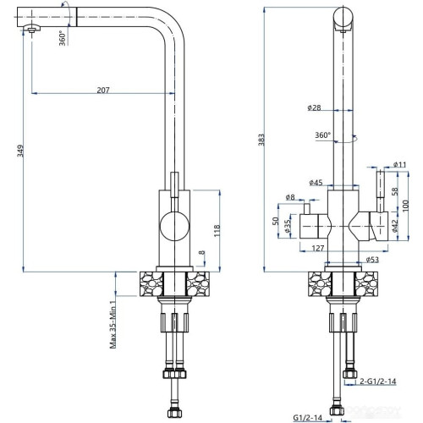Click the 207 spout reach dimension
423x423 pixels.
click(102, 89)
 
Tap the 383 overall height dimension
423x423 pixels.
click(262, 138)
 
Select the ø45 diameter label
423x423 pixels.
click(317, 183)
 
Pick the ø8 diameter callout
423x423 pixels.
click(290, 197)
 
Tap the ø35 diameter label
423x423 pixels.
click(288, 228)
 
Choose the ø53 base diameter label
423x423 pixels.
click(371, 260)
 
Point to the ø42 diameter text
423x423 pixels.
click(395, 224)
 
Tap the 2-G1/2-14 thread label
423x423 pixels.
click(376, 382)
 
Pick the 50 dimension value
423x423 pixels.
click(274, 221)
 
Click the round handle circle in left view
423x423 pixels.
click(173, 226)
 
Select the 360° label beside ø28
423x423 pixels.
click(322, 135)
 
